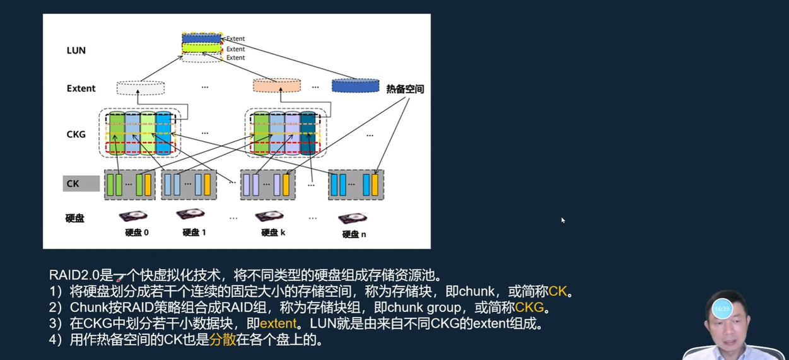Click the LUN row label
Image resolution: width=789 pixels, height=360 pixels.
pos(76,50)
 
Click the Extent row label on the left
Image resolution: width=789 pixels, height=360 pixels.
pos(81,88)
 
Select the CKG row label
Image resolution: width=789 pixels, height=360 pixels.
pos(76,134)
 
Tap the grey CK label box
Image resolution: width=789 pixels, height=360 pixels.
pos(81,183)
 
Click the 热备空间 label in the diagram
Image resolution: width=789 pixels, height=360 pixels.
pos(405,90)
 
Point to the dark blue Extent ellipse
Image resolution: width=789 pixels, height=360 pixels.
pos(355,86)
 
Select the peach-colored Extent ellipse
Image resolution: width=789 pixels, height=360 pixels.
pos(277,86)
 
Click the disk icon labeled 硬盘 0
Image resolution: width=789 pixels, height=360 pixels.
pos(133,216)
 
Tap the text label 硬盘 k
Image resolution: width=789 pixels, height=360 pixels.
pos(273,232)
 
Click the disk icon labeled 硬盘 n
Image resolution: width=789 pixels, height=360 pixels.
pos(352,219)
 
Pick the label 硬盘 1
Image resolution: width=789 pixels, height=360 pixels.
pos(194,232)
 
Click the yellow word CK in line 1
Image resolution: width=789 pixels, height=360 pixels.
pos(558,292)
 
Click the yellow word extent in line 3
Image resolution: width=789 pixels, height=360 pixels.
pos(278,324)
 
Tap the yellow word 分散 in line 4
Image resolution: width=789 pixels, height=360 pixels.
pos(223,340)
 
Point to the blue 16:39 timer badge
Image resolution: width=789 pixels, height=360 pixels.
pos(722,309)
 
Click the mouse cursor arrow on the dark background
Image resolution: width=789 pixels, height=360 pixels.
pos(563,219)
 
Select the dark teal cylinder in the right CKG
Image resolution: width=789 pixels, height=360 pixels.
pos(307,134)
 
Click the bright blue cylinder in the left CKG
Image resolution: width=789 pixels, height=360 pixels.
pos(163,134)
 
